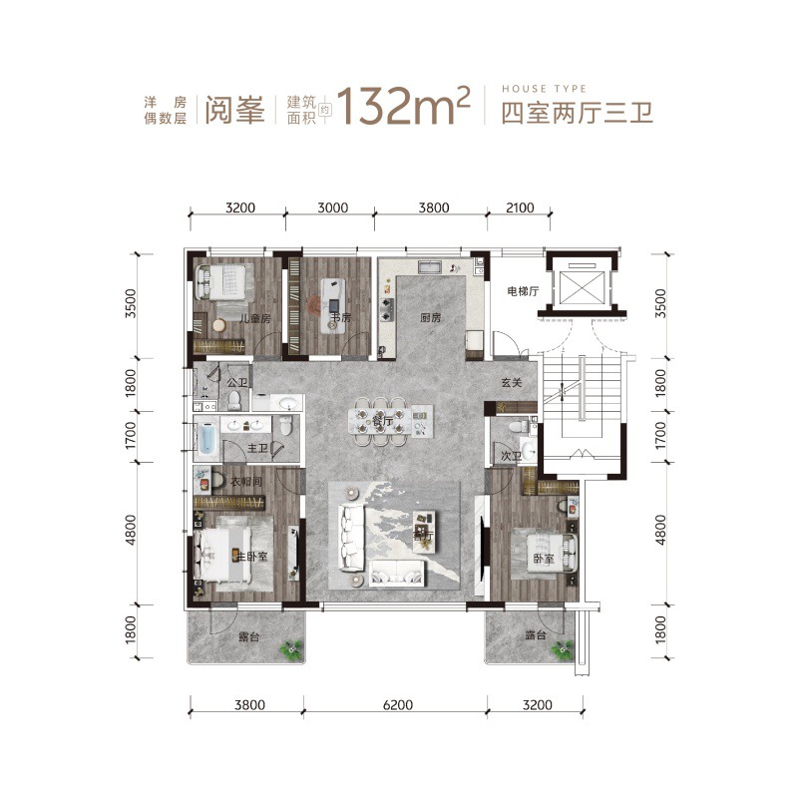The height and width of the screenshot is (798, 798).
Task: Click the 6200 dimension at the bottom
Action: [396, 705]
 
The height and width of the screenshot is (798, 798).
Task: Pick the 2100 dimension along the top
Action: [520, 208]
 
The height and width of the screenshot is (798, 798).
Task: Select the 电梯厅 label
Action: [522, 292]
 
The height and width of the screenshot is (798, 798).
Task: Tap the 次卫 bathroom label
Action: [511, 456]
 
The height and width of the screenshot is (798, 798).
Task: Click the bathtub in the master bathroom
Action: [207, 439]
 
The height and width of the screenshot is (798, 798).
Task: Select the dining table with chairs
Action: [380, 421]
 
